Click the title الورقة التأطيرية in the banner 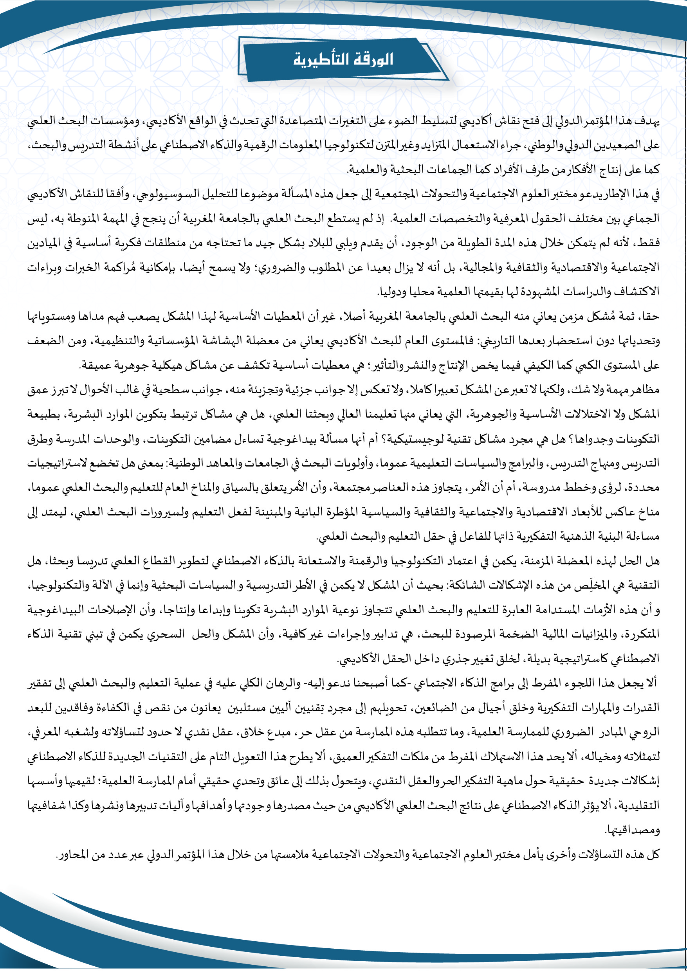pyautogui.click(x=344, y=59)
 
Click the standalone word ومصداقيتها pyautogui.click(x=633, y=830)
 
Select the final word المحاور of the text pyautogui.click(x=70, y=854)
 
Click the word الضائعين pyautogui.click(x=431, y=708)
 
